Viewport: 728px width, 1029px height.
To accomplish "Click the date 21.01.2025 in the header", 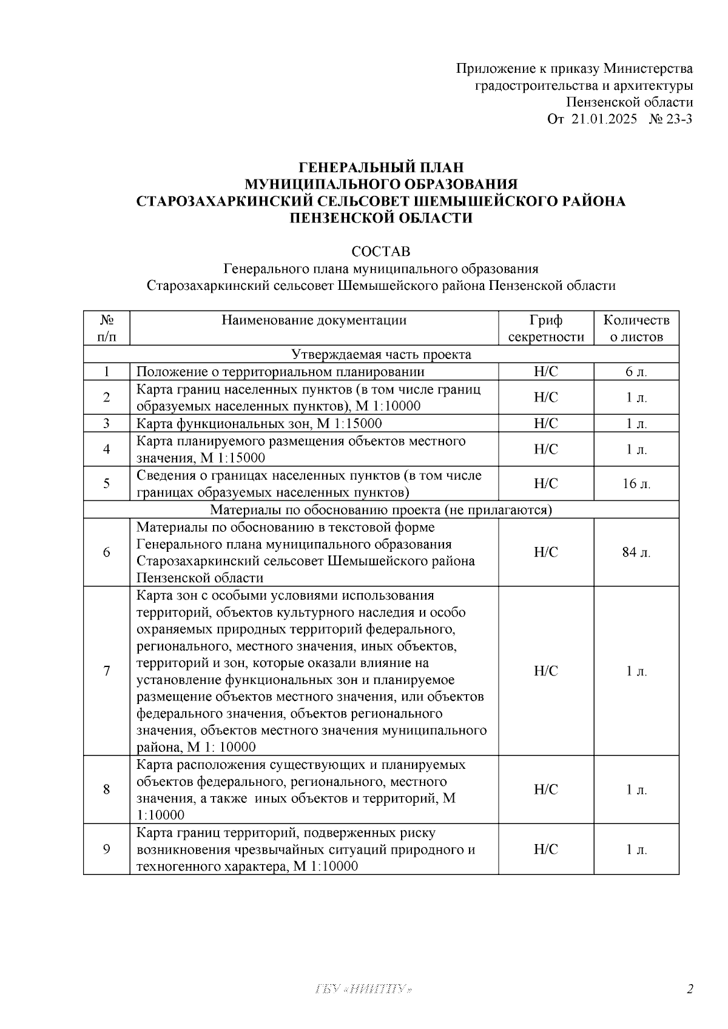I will click(x=604, y=119).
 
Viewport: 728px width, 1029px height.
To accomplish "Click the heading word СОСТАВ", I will click(x=380, y=251).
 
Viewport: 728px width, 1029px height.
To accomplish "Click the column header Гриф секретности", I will click(x=545, y=328).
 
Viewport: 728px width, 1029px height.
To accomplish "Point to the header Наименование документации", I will click(x=314, y=320).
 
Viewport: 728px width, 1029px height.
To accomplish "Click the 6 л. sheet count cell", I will click(x=636, y=372).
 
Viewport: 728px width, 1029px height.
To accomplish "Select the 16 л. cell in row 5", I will click(x=636, y=483).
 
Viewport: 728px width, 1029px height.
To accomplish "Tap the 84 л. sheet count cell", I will click(x=636, y=552).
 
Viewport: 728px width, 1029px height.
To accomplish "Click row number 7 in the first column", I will click(x=107, y=671).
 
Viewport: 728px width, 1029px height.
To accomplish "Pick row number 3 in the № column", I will click(x=107, y=423).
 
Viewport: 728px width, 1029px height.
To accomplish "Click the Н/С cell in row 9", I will click(x=545, y=849).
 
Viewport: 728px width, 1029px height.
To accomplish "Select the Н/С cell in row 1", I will click(x=545, y=372).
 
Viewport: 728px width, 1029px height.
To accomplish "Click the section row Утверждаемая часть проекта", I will click(x=381, y=354).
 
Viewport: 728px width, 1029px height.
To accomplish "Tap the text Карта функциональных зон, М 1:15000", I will click(x=259, y=423).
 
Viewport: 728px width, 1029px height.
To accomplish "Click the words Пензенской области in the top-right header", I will click(x=629, y=102).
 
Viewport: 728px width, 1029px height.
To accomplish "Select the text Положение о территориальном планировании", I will click(x=280, y=372).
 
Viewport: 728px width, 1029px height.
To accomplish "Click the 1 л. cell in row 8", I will click(x=636, y=789).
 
